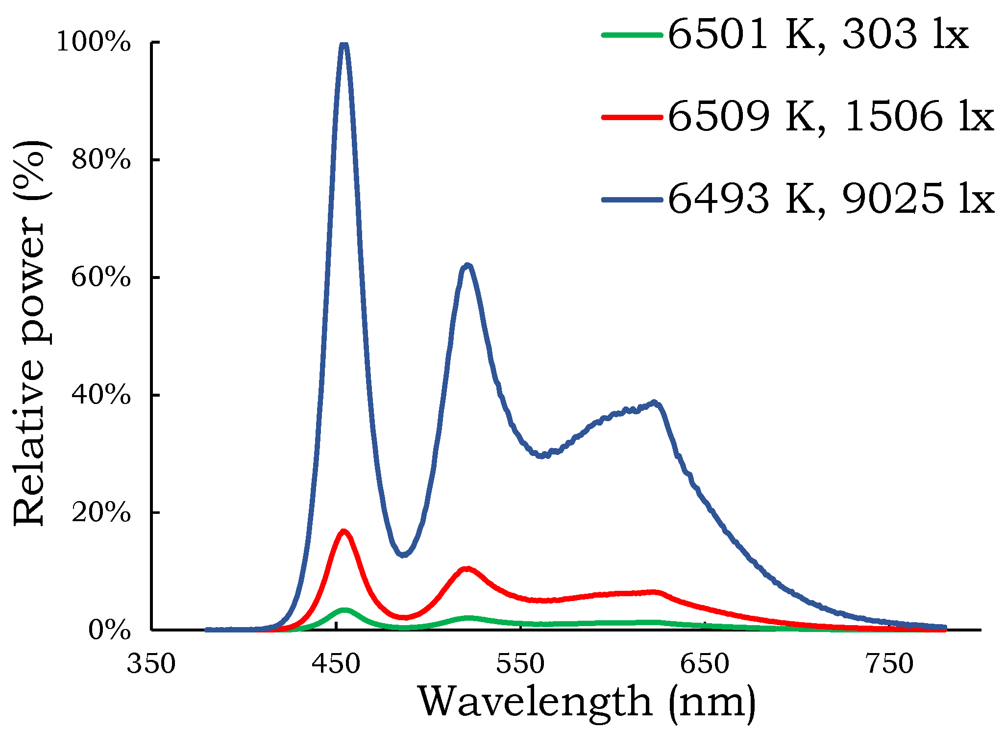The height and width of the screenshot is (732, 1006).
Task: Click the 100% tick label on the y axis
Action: tap(93, 42)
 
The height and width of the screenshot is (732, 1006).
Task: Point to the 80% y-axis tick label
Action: tap(101, 160)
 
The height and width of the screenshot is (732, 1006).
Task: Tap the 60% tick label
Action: tap(101, 278)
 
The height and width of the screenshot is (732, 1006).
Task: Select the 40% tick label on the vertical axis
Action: tap(101, 395)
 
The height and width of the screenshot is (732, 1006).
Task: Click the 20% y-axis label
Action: tap(101, 513)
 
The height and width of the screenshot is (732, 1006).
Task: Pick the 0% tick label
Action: tap(109, 631)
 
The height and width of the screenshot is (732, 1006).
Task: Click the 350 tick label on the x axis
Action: tap(151, 664)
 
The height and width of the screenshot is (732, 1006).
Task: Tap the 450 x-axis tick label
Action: tap(336, 664)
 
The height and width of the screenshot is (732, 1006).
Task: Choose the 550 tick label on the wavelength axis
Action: tap(520, 664)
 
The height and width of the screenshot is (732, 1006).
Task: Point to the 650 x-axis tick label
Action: tap(705, 664)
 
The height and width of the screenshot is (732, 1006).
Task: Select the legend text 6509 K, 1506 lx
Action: tap(831, 117)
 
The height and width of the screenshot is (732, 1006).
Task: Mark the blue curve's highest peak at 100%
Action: tap(344, 45)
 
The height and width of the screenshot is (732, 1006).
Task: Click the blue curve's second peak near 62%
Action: tap(467, 266)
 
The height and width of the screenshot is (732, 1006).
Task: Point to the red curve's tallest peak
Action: tap(344, 531)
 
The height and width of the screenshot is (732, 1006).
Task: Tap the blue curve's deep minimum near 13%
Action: tap(403, 555)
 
